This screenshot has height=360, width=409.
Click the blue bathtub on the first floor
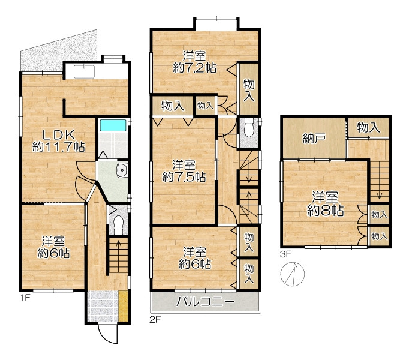click(113, 125)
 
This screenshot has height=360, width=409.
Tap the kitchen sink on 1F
click(84, 71)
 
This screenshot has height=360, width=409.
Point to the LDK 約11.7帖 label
click(59, 141)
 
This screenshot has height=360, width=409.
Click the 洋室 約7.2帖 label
click(194, 62)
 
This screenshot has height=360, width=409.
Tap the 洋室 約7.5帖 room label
click(184, 172)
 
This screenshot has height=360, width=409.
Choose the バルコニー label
click(205, 302)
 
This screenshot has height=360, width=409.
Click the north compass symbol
click(293, 274)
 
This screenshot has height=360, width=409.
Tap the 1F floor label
click(25, 298)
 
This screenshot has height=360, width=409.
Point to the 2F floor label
click(155, 320)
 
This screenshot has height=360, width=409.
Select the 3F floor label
click(285, 254)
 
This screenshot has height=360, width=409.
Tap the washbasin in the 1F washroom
click(122, 170)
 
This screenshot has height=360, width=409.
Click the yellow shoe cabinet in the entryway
click(124, 306)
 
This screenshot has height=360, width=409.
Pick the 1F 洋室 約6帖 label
click(53, 247)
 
